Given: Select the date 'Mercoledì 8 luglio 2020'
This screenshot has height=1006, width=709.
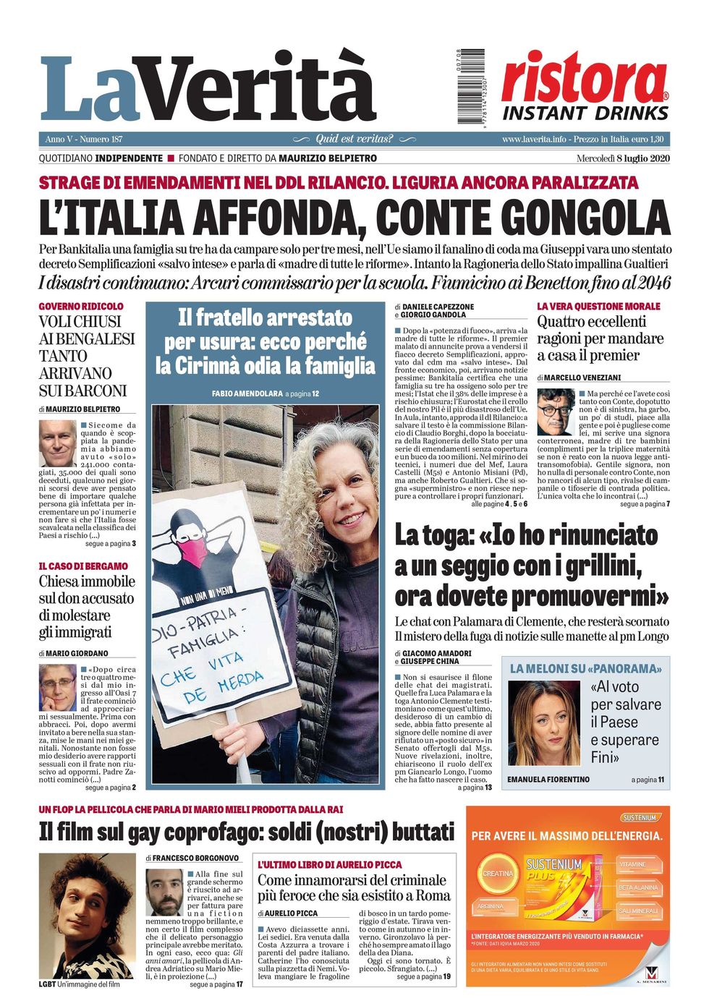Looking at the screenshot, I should point(622,158).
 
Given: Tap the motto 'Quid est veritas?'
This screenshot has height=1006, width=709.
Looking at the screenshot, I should point(354,139).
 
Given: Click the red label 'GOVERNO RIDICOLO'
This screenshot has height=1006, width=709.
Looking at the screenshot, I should point(81,307).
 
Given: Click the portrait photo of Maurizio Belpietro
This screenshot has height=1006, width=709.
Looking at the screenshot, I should point(57,443).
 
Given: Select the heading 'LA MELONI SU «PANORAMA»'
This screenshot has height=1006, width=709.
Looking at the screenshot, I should point(586,669).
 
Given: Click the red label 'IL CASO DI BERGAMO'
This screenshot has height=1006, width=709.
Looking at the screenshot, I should point(83,566).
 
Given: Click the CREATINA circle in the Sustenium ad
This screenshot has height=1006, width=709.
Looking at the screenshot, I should point(498,874).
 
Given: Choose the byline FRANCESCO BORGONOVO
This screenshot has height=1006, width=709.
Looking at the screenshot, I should point(195,858).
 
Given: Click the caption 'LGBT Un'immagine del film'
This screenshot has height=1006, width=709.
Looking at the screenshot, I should point(79,984).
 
